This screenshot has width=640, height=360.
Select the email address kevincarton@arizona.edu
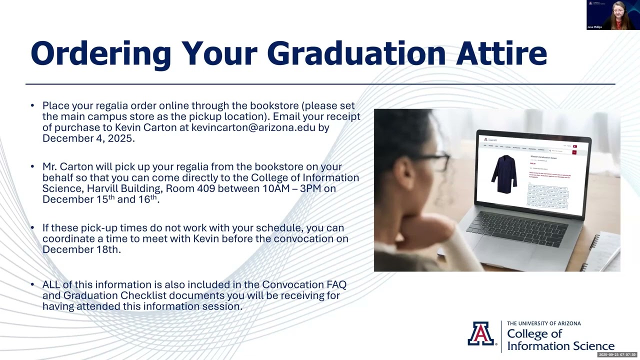click(253, 127)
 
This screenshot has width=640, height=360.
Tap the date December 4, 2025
click(88, 138)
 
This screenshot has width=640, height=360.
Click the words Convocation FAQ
click(304, 284)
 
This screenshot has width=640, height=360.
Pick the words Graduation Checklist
click(114, 295)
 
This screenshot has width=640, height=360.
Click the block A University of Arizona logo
click(481, 334)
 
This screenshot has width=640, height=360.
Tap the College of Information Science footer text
click(560, 340)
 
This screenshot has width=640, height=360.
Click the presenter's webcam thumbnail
click(613, 15)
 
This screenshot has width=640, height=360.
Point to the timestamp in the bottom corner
click(617, 354)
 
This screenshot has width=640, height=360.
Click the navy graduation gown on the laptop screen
click(503, 173)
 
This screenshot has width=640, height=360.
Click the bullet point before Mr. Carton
click(32, 167)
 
